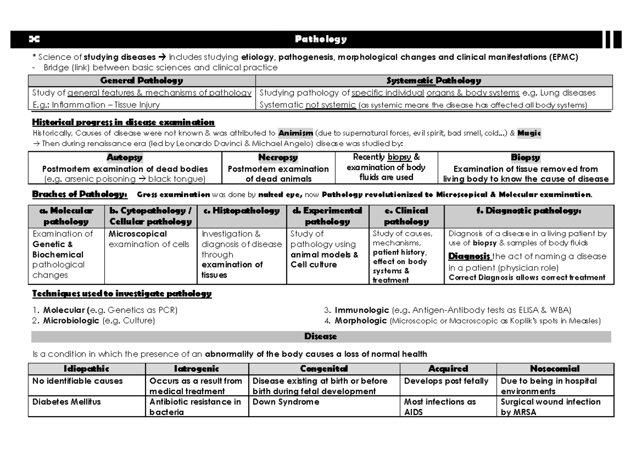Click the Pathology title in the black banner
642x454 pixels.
point(322,39)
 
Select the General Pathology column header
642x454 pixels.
point(142,81)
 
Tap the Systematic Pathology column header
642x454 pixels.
point(433,81)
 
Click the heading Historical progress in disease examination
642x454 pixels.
point(123,122)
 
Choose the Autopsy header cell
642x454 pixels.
point(124,158)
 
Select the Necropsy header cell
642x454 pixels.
point(278,158)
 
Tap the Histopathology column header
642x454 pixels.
point(241,211)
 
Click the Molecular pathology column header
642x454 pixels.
point(67,216)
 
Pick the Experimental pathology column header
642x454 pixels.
point(327,216)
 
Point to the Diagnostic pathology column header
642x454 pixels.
point(529,211)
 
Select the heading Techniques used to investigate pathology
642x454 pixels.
point(122,294)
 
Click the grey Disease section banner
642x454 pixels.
point(321,336)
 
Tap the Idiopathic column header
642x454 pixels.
point(87,369)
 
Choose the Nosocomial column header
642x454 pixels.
point(554,369)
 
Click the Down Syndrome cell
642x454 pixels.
point(285,402)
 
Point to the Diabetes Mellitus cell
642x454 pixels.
point(66,402)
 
